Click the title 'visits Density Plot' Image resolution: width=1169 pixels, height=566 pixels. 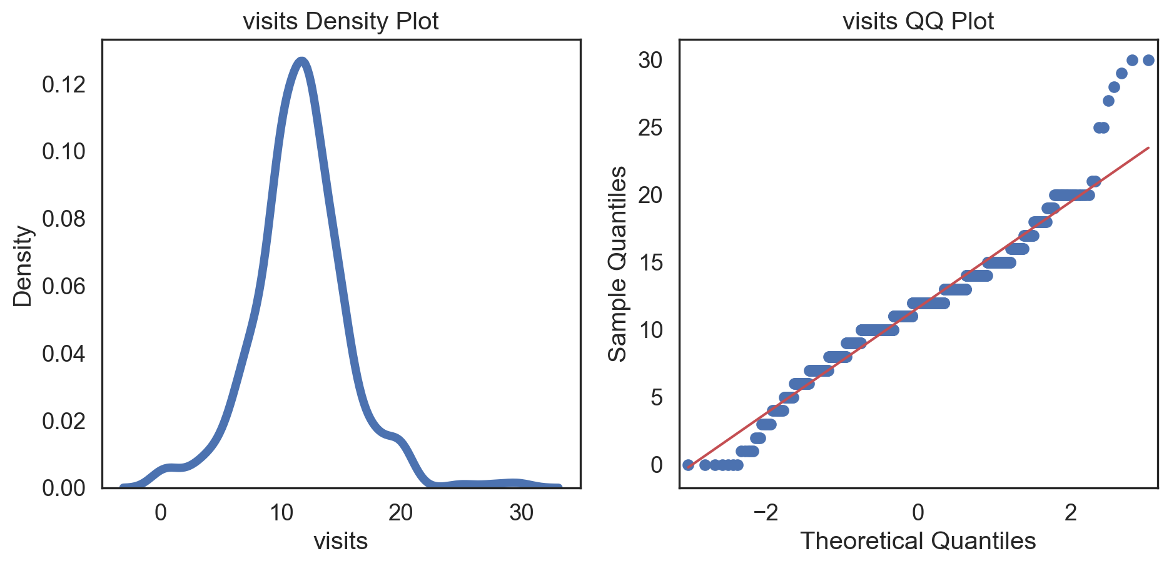pyautogui.click(x=341, y=21)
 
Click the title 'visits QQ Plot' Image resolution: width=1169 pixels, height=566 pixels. pyautogui.click(x=918, y=21)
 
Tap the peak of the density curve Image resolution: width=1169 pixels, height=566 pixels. pyautogui.click(x=302, y=61)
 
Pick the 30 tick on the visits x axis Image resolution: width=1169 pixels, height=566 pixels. pyautogui.click(x=521, y=513)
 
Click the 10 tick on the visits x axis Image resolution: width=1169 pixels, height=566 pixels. pyautogui.click(x=281, y=513)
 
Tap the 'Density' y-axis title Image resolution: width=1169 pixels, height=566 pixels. pyautogui.click(x=23, y=266)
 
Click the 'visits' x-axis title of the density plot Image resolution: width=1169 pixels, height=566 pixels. pyautogui.click(x=341, y=541)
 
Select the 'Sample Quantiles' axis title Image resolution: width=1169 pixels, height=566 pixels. pyautogui.click(x=618, y=264)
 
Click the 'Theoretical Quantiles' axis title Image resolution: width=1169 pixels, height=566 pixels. pyautogui.click(x=918, y=541)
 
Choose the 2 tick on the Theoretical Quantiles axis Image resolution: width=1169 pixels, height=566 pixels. pyautogui.click(x=1071, y=513)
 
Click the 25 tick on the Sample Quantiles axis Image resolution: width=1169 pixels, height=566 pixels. pyautogui.click(x=650, y=128)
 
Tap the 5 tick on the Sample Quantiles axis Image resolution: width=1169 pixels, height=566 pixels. pyautogui.click(x=656, y=397)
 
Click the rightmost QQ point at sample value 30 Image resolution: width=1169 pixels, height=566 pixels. pyautogui.click(x=1148, y=61)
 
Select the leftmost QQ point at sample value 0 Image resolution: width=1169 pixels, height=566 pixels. pyautogui.click(x=688, y=465)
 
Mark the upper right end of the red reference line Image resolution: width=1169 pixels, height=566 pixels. pyautogui.click(x=1148, y=148)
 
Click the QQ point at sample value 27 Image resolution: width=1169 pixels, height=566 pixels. pyautogui.click(x=1108, y=101)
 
